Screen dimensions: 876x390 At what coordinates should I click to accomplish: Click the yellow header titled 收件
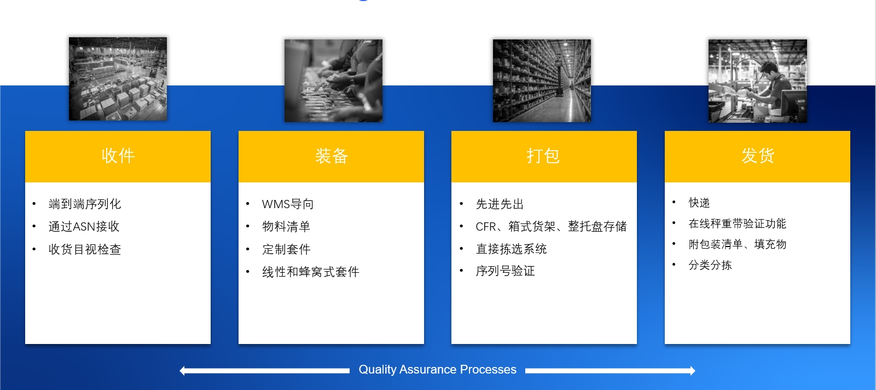coord(118,157)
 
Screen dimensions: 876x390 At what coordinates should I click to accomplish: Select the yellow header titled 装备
coord(331,157)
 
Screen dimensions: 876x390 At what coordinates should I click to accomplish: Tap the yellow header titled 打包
coord(544,157)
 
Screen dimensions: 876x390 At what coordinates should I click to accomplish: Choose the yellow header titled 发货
coord(757,157)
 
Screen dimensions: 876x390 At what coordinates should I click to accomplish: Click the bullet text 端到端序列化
coord(85,204)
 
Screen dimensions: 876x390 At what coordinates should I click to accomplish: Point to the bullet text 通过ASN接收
coord(84,226)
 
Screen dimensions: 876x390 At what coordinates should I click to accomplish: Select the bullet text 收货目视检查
coord(85,249)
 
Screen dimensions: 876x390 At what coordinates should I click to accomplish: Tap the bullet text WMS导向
coord(288,204)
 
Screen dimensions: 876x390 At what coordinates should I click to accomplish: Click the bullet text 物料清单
coord(286,226)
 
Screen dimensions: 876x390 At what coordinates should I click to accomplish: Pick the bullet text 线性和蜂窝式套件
coord(310,272)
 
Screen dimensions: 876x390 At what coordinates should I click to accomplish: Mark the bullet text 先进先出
coord(500,204)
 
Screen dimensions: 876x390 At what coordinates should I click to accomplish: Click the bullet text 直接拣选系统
coord(512,249)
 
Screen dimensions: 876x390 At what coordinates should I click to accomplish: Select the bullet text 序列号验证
coord(505,271)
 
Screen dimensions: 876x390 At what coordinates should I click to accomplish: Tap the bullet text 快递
coord(699,203)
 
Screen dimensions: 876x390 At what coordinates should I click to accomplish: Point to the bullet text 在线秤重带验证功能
coord(738,223)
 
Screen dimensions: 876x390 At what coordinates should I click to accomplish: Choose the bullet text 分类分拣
coord(710,265)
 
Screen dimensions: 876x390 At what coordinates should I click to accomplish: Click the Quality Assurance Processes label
coord(438,369)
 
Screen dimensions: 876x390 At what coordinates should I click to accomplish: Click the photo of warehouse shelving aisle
coord(542,81)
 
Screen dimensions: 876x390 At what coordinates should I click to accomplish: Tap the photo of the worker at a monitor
coord(757,81)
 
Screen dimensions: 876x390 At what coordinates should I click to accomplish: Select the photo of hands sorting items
coord(333,81)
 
